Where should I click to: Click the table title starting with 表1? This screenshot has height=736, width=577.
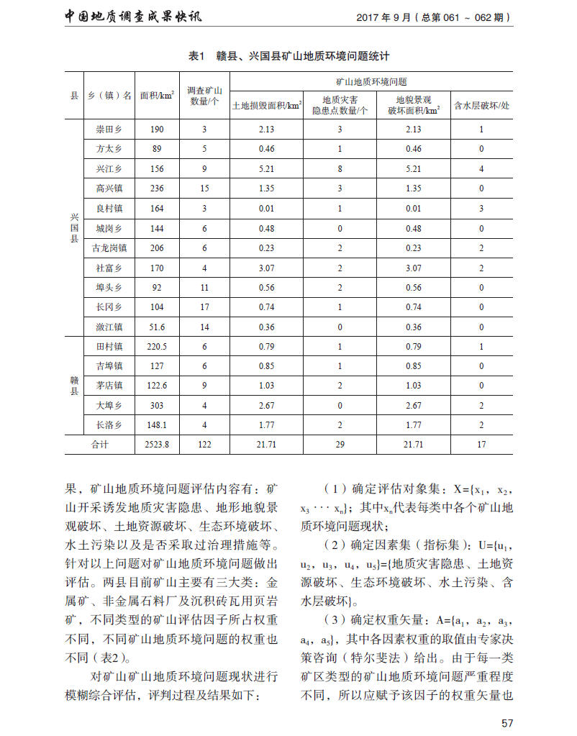pyautogui.click(x=288, y=55)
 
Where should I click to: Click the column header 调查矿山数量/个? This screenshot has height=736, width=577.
pyautogui.click(x=204, y=95)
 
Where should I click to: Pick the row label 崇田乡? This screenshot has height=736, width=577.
pyautogui.click(x=109, y=130)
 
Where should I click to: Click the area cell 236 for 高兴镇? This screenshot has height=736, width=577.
pyautogui.click(x=157, y=188)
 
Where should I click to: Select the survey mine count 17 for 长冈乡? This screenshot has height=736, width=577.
pyautogui.click(x=204, y=306)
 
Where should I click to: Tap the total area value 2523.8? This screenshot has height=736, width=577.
pyautogui.click(x=157, y=445)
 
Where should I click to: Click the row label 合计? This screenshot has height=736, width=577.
pyautogui.click(x=99, y=445)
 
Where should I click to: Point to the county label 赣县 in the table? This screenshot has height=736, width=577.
pyautogui.click(x=74, y=385)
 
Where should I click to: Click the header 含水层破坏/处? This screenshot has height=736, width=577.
pyautogui.click(x=481, y=105)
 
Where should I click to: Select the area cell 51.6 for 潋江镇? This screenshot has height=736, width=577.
pyautogui.click(x=157, y=327)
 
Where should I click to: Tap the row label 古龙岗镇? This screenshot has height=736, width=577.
pyautogui.click(x=109, y=247)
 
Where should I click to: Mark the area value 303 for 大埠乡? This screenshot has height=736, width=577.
pyautogui.click(x=157, y=405)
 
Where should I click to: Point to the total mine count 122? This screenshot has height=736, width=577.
pyautogui.click(x=204, y=445)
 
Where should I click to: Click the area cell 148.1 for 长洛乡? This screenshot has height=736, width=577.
pyautogui.click(x=157, y=424)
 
